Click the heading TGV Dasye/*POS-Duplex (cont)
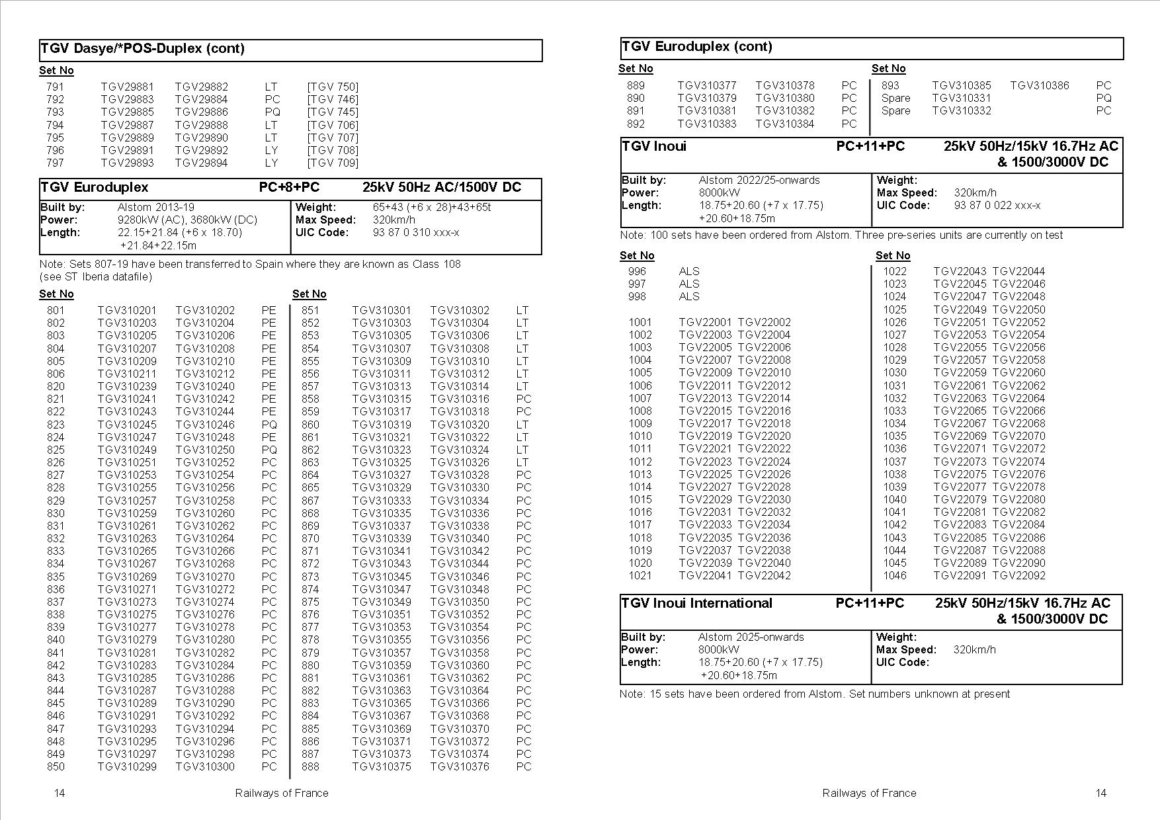(x=142, y=48)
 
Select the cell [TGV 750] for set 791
(x=333, y=87)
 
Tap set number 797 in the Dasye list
(x=56, y=163)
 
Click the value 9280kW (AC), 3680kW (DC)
(x=187, y=220)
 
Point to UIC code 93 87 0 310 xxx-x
(x=416, y=232)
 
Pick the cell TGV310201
(x=127, y=310)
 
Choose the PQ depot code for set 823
(x=269, y=425)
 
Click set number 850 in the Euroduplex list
(x=56, y=766)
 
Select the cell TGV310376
(x=460, y=766)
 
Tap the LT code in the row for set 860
(x=522, y=425)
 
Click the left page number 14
(x=60, y=793)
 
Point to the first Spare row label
(x=895, y=98)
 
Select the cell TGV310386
(x=1039, y=85)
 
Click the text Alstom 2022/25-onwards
(x=759, y=180)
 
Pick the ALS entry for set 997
(x=688, y=284)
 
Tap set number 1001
(x=640, y=322)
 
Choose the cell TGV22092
(x=1018, y=575)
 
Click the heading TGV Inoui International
(x=696, y=603)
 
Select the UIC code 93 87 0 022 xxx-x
(x=997, y=205)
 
